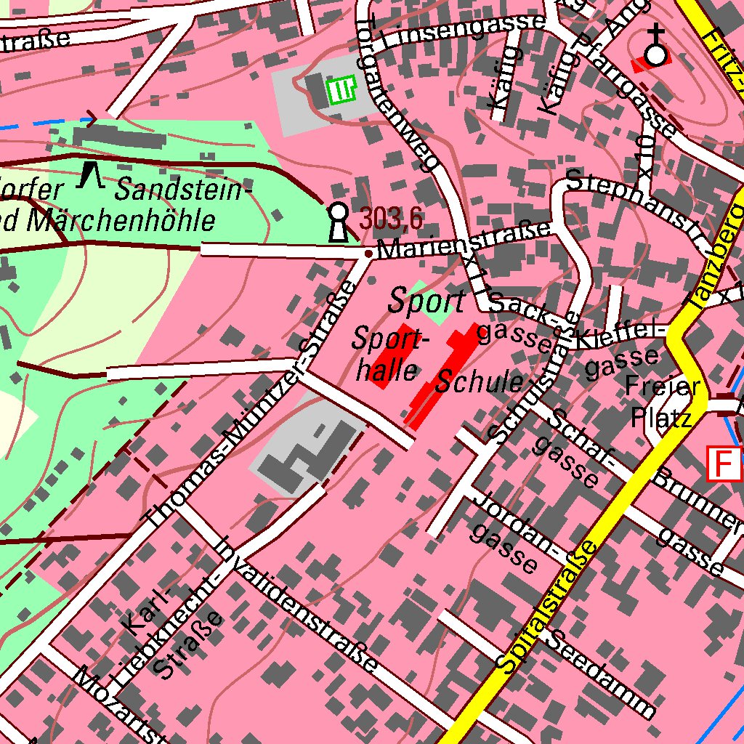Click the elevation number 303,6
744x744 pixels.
pyautogui.click(x=391, y=217)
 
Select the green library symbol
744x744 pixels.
pyautogui.click(x=341, y=90)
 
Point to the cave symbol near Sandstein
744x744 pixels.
pyautogui.click(x=91, y=174)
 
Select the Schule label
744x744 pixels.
pyautogui.click(x=480, y=382)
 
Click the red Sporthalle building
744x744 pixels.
pyautogui.click(x=393, y=357)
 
